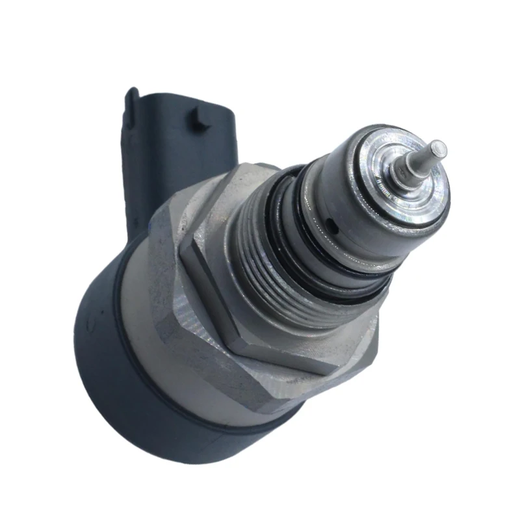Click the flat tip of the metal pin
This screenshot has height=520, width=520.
(440, 148)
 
